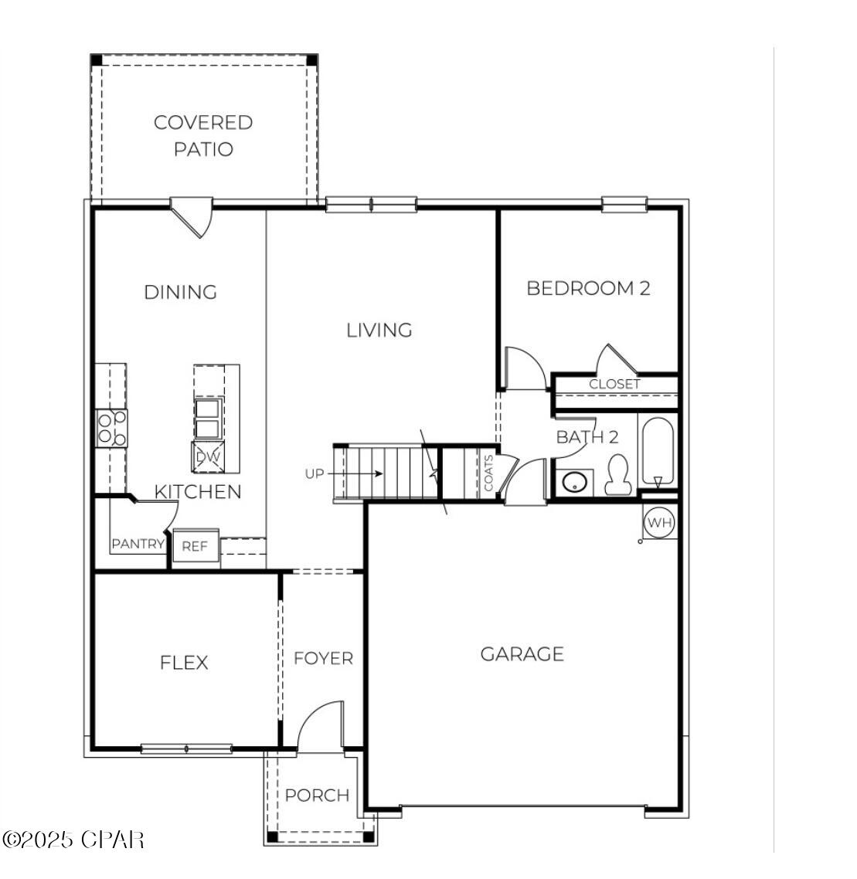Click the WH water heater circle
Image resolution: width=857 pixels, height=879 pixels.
tap(659, 523)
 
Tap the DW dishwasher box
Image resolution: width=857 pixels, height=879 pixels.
tap(207, 456)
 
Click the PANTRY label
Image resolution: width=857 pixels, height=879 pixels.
tap(138, 544)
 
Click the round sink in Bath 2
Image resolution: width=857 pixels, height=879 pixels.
tap(574, 483)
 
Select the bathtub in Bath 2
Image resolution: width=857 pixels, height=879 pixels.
tap(658, 451)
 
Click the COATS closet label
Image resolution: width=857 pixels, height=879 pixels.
tap(488, 472)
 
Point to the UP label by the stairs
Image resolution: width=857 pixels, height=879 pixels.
tap(315, 473)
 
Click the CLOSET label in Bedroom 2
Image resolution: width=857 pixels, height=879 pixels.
tap(614, 384)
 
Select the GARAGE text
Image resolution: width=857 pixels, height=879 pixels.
tap(522, 654)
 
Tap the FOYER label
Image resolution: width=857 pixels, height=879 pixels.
tap(323, 658)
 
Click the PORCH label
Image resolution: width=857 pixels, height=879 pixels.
tap(317, 795)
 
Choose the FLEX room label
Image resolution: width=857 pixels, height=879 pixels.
tap(184, 663)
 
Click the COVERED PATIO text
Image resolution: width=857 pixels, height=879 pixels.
tap(203, 135)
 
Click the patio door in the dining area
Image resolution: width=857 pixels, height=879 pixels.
tap(192, 216)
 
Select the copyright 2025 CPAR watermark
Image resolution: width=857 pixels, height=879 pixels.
tap(73, 839)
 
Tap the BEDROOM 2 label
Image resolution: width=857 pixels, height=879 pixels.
tap(588, 288)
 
